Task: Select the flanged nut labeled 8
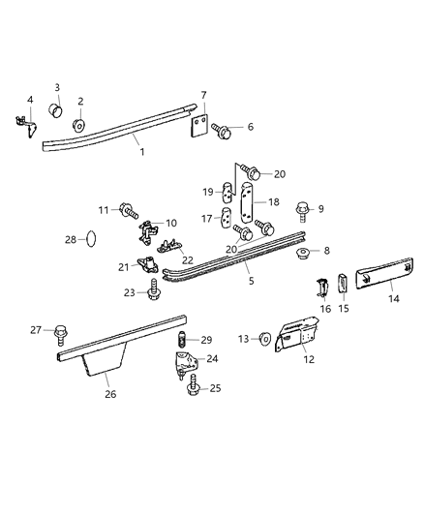[x=302, y=254]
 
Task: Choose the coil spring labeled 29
[x=181, y=340]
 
